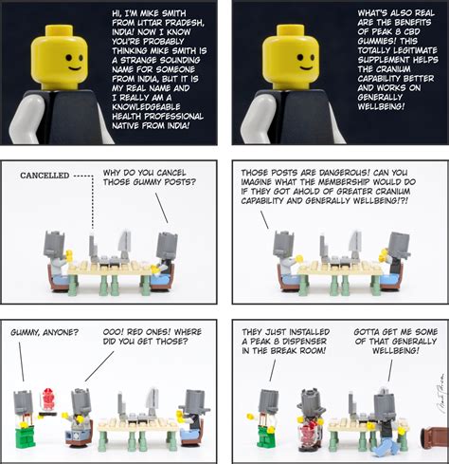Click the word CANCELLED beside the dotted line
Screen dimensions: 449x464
[45, 176]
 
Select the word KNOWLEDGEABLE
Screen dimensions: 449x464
[146, 107]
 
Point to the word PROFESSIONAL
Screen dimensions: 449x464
[173, 117]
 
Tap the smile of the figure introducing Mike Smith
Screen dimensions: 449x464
[75, 68]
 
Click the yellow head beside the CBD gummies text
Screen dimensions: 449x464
[291, 57]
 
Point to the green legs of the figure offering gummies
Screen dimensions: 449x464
[27, 436]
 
